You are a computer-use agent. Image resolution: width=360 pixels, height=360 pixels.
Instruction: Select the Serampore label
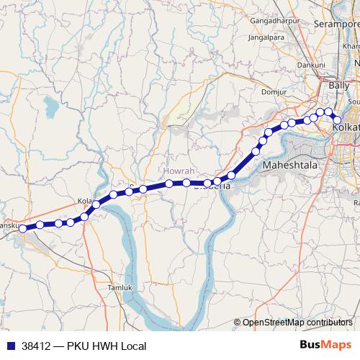click(x=336, y=24)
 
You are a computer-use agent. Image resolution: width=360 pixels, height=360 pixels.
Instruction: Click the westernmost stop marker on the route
click(x=23, y=228)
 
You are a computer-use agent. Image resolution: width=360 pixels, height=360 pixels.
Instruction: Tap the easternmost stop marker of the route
click(x=336, y=120)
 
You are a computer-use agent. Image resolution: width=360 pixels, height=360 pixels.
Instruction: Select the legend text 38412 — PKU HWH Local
click(x=84, y=346)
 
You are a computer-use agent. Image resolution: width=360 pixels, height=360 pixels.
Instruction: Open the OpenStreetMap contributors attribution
click(x=297, y=323)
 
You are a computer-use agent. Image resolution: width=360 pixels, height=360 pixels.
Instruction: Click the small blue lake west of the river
click(x=50, y=109)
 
